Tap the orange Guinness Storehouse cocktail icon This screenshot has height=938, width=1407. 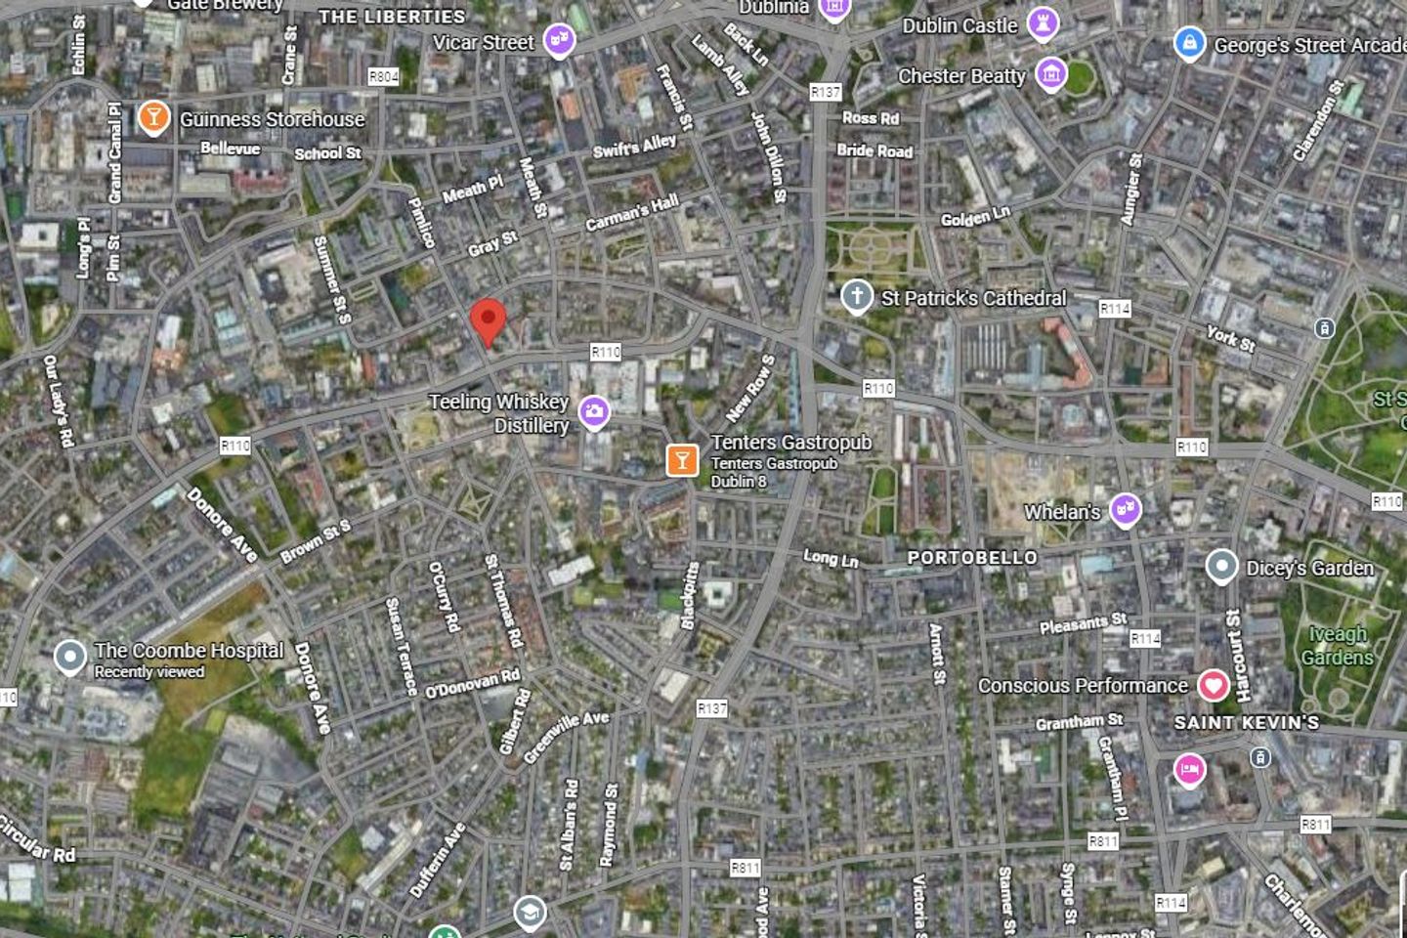pyautogui.click(x=152, y=117)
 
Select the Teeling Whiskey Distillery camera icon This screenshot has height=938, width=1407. pyautogui.click(x=594, y=412)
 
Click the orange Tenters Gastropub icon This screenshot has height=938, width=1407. pyautogui.click(x=682, y=459)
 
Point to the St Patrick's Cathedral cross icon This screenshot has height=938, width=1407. pyautogui.click(x=857, y=296)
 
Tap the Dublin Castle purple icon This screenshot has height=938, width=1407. pyautogui.click(x=1043, y=23)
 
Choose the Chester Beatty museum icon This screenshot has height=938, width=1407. pyautogui.click(x=1051, y=73)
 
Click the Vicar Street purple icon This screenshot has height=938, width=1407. pyautogui.click(x=559, y=40)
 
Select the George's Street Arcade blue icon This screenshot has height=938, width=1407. pyautogui.click(x=1189, y=43)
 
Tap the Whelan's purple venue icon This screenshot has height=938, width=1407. pyautogui.click(x=1126, y=509)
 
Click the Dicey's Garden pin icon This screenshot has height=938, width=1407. pyautogui.click(x=1221, y=566)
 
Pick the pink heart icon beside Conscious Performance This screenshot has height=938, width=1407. pyautogui.click(x=1214, y=685)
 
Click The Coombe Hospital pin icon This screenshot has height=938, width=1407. pyautogui.click(x=69, y=657)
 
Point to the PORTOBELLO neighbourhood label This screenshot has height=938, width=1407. pyautogui.click(x=972, y=558)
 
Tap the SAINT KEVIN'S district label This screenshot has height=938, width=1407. pyautogui.click(x=1247, y=722)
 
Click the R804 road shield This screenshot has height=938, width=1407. pyautogui.click(x=384, y=76)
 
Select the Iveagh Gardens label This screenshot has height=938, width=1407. pyautogui.click(x=1338, y=646)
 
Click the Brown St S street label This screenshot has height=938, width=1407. pyautogui.click(x=315, y=543)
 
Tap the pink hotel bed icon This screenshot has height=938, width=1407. pyautogui.click(x=1189, y=770)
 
